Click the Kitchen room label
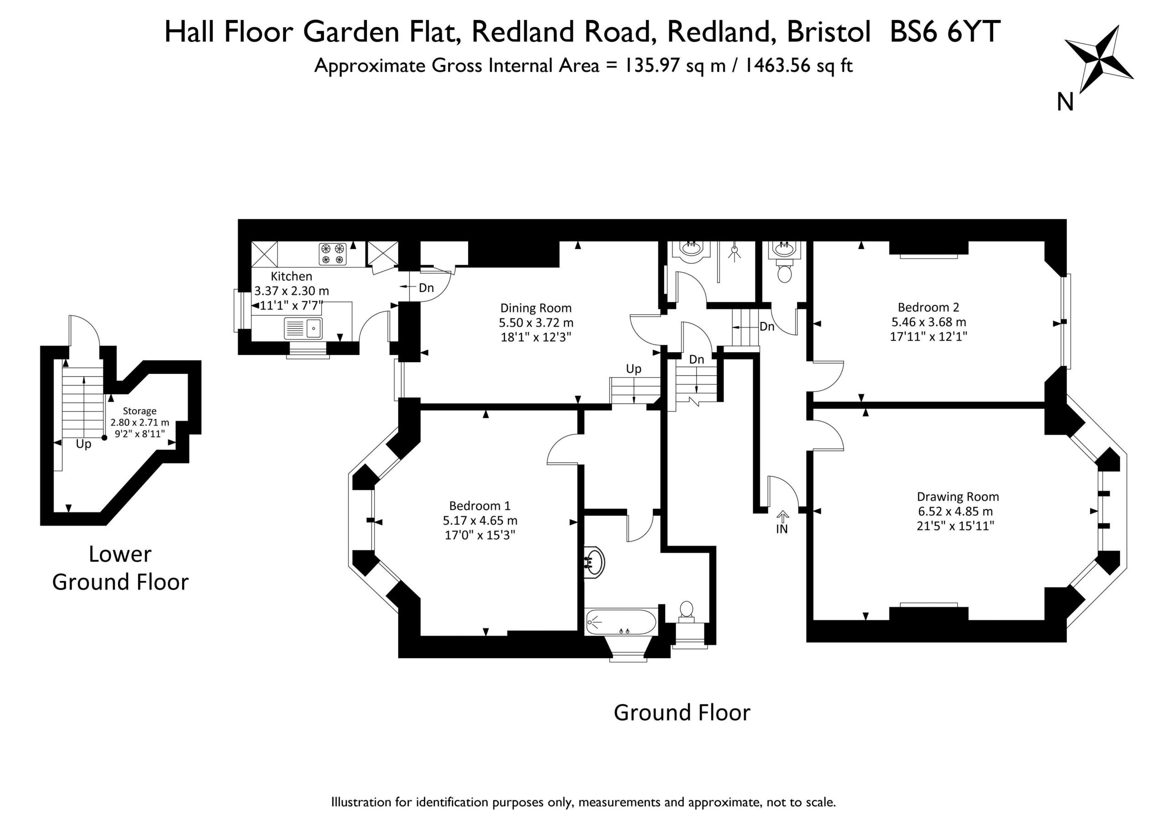[x=291, y=276]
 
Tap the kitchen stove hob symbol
[x=333, y=254]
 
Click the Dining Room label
[x=536, y=308]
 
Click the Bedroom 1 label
[x=479, y=505]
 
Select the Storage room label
[x=140, y=411]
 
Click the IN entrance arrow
[x=782, y=517]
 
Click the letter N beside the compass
[x=1065, y=102]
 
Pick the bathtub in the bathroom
[x=621, y=622]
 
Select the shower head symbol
[x=734, y=253]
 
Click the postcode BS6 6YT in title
[x=945, y=32]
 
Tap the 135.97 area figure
[x=652, y=66]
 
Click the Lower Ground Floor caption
[x=120, y=568]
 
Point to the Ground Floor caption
[x=682, y=712]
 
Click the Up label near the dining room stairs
[x=633, y=369]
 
